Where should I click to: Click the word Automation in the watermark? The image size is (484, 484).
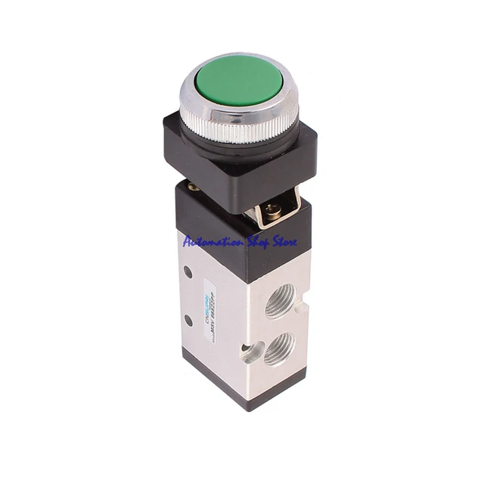pos(211,241)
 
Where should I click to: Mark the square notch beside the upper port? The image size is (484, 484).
pos(302,306)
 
